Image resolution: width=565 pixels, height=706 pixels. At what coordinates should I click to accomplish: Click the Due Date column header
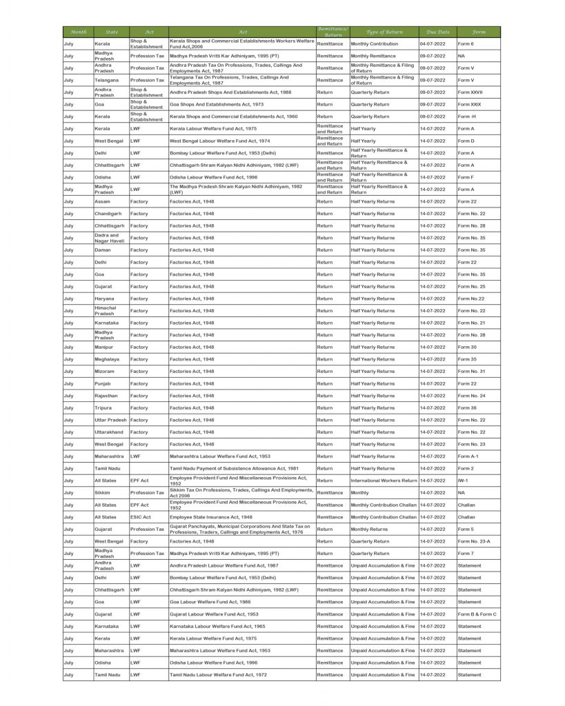[438, 32]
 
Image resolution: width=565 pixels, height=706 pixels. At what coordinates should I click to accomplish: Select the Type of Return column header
[384, 32]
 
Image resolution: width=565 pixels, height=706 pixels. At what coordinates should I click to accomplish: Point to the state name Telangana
[106, 80]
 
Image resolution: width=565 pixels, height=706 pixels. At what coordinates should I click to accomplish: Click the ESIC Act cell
[139, 517]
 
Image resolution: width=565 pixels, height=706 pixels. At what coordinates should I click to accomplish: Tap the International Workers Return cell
[384, 481]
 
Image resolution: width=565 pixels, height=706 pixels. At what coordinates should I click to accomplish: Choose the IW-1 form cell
[464, 481]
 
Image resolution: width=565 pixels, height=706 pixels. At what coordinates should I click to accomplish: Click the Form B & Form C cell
[477, 614]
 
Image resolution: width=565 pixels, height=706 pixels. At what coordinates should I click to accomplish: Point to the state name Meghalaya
[107, 359]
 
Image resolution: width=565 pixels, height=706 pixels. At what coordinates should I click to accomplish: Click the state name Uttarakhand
[109, 432]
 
